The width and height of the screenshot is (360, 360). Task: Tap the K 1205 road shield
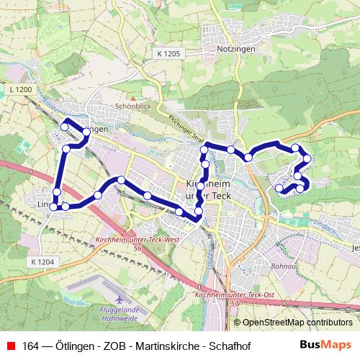pyautogui.click(x=168, y=53)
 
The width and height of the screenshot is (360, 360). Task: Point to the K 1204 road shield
pyautogui.click(x=42, y=262)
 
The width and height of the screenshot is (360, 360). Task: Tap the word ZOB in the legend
pyautogui.click(x=91, y=346)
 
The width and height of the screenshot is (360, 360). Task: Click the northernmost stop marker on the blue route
pyautogui.click(x=64, y=126)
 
